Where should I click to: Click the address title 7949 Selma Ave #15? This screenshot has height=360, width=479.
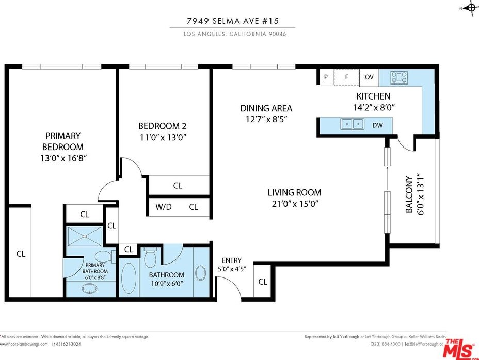point(232,22)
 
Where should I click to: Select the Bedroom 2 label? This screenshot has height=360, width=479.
point(162,126)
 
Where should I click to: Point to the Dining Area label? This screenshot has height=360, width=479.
point(266,108)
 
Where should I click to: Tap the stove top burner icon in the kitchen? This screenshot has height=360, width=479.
point(399,77)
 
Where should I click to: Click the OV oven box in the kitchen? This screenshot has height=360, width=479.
point(369,77)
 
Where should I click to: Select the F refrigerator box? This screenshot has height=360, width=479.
point(346,77)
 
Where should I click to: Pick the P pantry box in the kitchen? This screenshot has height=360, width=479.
point(326,77)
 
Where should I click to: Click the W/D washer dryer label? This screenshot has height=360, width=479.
point(164,207)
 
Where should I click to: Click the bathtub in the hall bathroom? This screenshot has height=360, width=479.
point(129,279)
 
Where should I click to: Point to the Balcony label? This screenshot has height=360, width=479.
point(409,194)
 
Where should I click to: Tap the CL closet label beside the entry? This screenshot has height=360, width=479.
point(263,282)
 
